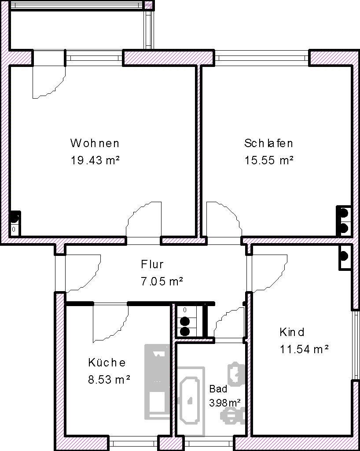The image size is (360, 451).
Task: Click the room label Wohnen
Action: coord(95,143)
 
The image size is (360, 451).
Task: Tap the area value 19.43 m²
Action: coord(95,160)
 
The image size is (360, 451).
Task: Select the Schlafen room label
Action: coord(268,143)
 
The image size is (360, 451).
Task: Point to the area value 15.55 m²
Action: coord(269,160)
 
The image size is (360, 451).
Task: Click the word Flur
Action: coord(152,265)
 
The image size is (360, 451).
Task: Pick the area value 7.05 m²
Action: coord(162,281)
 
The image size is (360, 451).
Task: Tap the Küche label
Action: coord(107,362)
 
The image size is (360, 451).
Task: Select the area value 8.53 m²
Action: coord(109,379)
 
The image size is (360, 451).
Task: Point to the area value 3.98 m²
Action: coord(224,403)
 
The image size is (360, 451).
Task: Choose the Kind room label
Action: coord(292,332)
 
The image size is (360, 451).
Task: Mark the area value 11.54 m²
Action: coord(304,349)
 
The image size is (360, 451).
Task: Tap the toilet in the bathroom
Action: coord(236,373)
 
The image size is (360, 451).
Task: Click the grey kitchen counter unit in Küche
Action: coord(157,381)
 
